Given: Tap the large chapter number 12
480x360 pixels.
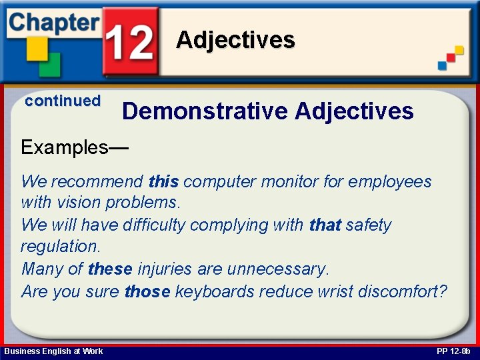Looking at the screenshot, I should [x=131, y=42].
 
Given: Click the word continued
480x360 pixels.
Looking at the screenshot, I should [x=63, y=101].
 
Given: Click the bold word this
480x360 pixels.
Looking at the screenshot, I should [x=164, y=181].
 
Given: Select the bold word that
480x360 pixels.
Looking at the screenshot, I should [x=325, y=225].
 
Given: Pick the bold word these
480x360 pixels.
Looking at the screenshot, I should [x=110, y=269].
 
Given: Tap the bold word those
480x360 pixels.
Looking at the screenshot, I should [x=147, y=291].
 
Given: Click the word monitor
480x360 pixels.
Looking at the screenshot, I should [x=290, y=181].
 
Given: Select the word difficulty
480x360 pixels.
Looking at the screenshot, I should [x=154, y=225].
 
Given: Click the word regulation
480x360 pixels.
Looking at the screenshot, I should [x=60, y=246].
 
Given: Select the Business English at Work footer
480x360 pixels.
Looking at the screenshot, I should [x=53, y=351].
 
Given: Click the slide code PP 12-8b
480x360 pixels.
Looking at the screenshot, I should [x=453, y=351].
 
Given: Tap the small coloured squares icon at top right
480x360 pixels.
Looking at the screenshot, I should [x=451, y=57].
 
